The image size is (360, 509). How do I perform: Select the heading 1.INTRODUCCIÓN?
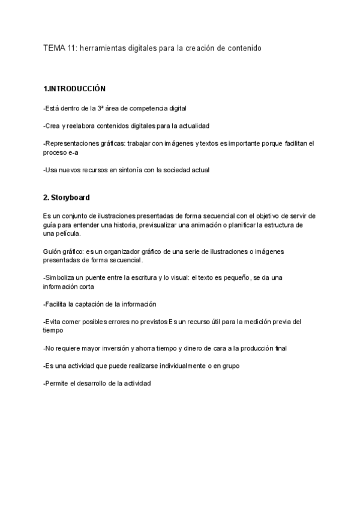[x=74, y=89]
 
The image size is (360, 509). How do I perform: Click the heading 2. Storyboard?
[x=67, y=197]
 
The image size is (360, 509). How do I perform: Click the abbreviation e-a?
[x=72, y=152]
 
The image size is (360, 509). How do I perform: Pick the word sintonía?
[x=128, y=170]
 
